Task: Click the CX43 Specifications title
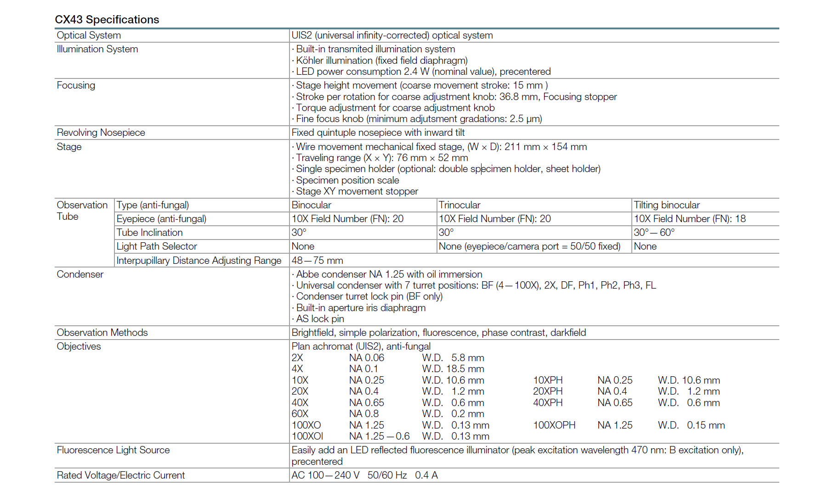(107, 20)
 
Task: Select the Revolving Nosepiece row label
(101, 133)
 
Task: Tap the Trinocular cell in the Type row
(459, 205)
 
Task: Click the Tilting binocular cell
(666, 205)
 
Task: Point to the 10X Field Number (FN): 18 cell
(689, 219)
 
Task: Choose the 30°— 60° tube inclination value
(654, 233)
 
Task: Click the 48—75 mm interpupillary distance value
(317, 261)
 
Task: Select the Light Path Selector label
(156, 246)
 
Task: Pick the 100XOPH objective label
(554, 425)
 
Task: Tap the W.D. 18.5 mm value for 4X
(453, 369)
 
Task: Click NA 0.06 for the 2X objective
(366, 358)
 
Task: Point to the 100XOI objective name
(307, 436)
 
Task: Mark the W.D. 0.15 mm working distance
(691, 425)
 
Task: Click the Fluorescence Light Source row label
(113, 450)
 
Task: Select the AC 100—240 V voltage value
(325, 475)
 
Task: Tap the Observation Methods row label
(102, 333)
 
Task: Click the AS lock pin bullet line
(319, 319)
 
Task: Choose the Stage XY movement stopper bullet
(357, 191)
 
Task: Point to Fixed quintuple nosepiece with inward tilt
(378, 133)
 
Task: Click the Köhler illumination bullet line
(381, 61)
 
